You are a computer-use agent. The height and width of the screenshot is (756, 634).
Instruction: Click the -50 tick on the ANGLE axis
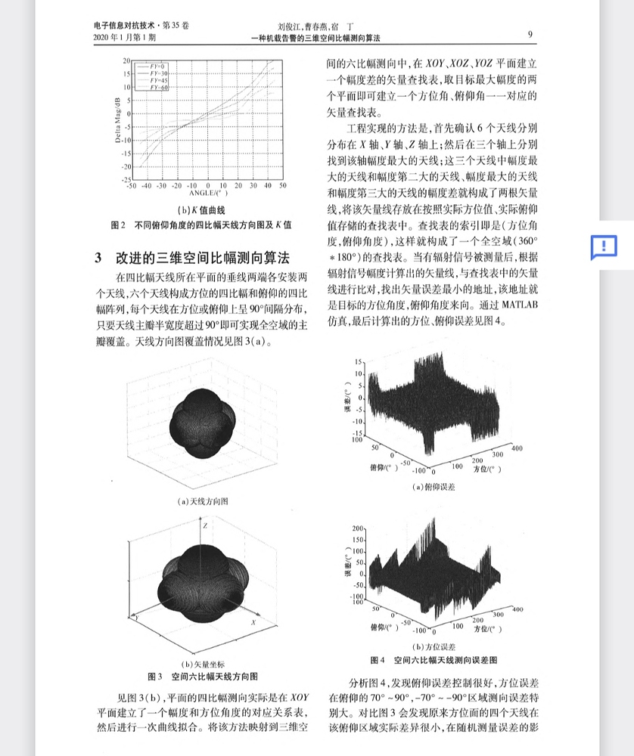(x=131, y=185)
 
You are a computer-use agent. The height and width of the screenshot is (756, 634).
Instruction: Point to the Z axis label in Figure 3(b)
(x=204, y=525)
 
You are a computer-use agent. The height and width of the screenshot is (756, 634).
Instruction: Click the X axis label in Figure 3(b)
(x=253, y=621)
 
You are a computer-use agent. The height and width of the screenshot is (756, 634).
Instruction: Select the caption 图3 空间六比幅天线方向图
(x=202, y=675)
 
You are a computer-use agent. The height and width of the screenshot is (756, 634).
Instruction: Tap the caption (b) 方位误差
(x=434, y=646)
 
